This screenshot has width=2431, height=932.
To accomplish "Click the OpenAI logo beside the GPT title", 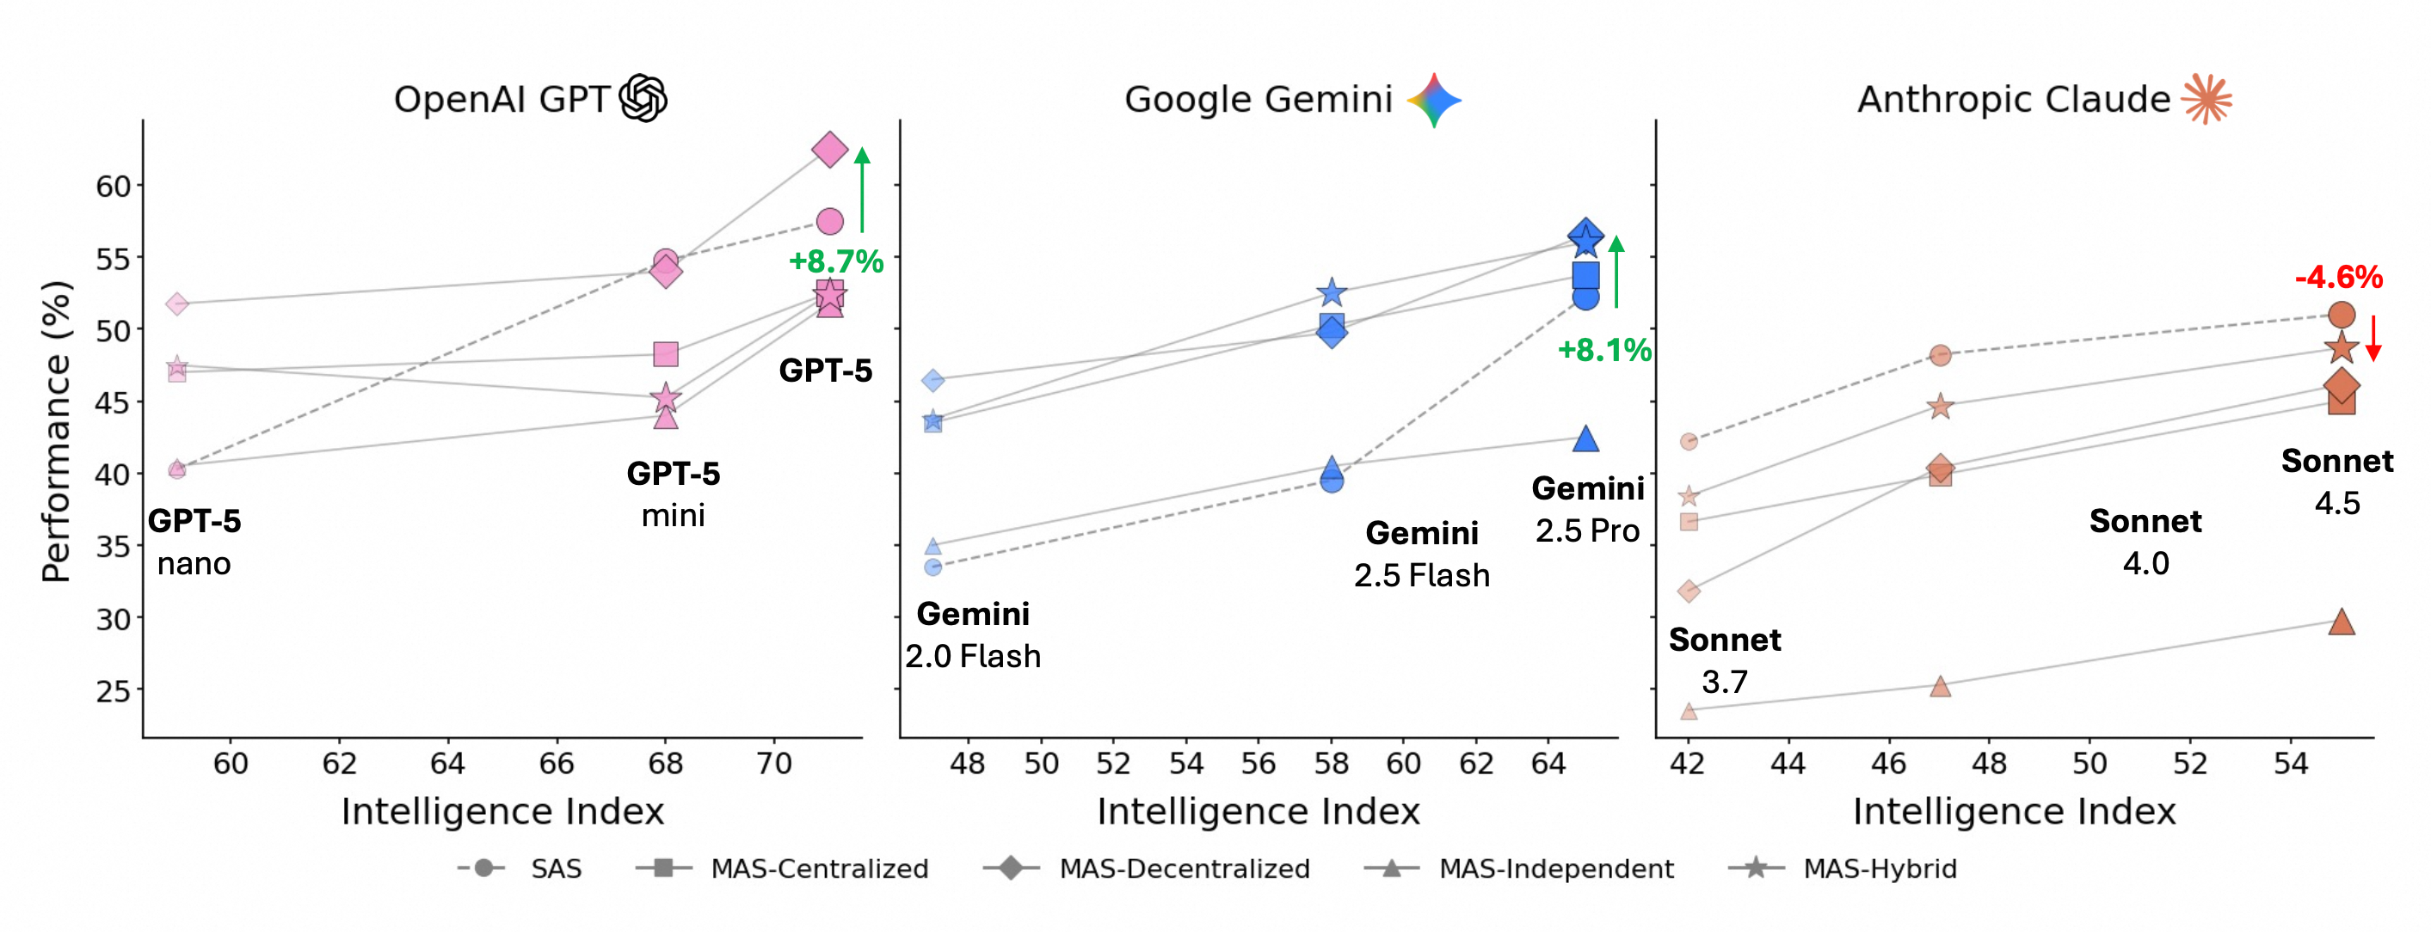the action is [643, 98].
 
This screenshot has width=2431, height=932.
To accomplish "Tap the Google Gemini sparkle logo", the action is [1433, 100].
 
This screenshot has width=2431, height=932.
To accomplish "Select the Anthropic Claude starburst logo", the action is [2206, 98].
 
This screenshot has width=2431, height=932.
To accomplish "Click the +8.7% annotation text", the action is [836, 261].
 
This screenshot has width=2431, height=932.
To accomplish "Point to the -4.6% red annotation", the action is [2338, 278].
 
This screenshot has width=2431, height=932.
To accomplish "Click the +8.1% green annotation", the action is [1604, 350].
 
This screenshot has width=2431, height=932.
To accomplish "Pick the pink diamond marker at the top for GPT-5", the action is [829, 149].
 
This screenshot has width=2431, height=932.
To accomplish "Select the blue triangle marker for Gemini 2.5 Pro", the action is [1585, 438].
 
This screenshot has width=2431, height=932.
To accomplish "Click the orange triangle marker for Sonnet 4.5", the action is [2342, 622].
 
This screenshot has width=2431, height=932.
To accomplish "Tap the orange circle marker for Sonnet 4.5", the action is [2342, 315].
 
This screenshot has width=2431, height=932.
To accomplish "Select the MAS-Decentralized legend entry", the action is [1147, 868].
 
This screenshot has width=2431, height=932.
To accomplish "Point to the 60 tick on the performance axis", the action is [114, 187].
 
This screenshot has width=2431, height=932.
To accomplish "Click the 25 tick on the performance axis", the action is [114, 691].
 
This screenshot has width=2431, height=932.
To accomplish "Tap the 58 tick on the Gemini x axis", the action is [1331, 763].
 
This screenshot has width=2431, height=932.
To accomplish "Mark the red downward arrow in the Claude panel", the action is [2373, 338].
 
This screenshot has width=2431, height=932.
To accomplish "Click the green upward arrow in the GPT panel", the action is [862, 190].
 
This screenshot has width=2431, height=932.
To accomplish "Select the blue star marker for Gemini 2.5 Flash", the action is [1332, 292].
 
